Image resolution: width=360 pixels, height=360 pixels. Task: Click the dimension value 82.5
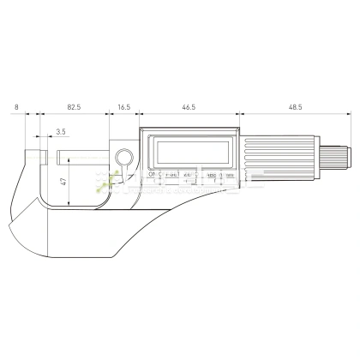tap(73, 109)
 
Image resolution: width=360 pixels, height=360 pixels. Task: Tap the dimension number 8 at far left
tap(17, 109)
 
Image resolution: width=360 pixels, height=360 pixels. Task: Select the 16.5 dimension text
tap(123, 109)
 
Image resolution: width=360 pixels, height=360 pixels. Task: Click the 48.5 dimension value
tap(295, 109)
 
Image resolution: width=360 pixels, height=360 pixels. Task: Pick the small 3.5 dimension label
tap(60, 131)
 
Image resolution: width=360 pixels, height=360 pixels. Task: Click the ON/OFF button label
tap(155, 175)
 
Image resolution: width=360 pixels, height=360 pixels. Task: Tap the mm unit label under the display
tap(225, 175)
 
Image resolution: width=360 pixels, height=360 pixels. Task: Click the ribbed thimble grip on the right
tap(274, 159)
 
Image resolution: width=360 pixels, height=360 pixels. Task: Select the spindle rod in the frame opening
tap(86, 159)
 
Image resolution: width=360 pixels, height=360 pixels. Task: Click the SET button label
tap(171, 175)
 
